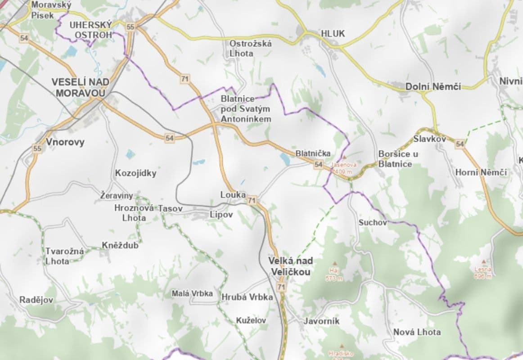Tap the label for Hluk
click(333, 33)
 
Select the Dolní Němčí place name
click(433, 86)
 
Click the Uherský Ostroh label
click(90, 30)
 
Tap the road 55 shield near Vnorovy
click(37, 148)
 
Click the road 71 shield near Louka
click(252, 200)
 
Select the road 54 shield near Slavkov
click(460, 144)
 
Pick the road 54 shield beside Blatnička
click(319, 165)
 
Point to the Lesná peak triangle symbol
click(484, 261)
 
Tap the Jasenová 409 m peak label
click(344, 167)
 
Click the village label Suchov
click(373, 223)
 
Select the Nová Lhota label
click(417, 332)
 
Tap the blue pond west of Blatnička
click(284, 158)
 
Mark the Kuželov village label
click(251, 320)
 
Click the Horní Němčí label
click(481, 172)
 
